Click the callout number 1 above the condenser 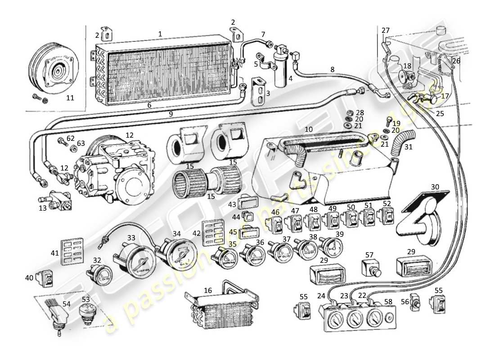point(160,34)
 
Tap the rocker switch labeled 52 point(386,217)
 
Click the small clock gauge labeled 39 point(331,247)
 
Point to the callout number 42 point(196,233)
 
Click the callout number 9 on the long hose point(171,114)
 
